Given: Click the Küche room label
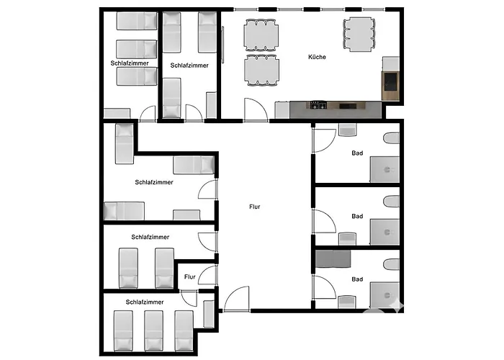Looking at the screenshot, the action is click(317, 57).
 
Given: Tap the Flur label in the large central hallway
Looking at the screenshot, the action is click(255, 207).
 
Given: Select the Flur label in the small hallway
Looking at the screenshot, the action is click(190, 276).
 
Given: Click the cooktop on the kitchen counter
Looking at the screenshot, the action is click(318, 105).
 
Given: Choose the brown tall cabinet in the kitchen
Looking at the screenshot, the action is click(390, 86).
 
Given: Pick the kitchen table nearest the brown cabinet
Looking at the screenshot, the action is click(359, 35).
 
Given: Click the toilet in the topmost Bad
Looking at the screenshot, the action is click(391, 138).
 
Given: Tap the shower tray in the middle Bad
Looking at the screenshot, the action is click(384, 233).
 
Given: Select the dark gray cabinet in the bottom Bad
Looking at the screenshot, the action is click(333, 259).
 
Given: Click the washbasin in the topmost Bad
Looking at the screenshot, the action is click(348, 130).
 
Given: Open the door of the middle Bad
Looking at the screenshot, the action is click(324, 221).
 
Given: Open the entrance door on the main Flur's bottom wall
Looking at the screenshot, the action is click(237, 299).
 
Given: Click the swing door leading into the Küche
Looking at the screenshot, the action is click(256, 110).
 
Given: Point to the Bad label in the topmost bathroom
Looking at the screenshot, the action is click(357, 153).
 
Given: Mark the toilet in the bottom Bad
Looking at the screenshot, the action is click(391, 264).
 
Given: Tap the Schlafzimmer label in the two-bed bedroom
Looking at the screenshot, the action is click(150, 237).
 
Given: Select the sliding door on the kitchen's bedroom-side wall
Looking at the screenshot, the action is click(222, 45).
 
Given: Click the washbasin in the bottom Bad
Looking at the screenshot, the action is click(348, 302).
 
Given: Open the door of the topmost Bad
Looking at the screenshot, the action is click(324, 140).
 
